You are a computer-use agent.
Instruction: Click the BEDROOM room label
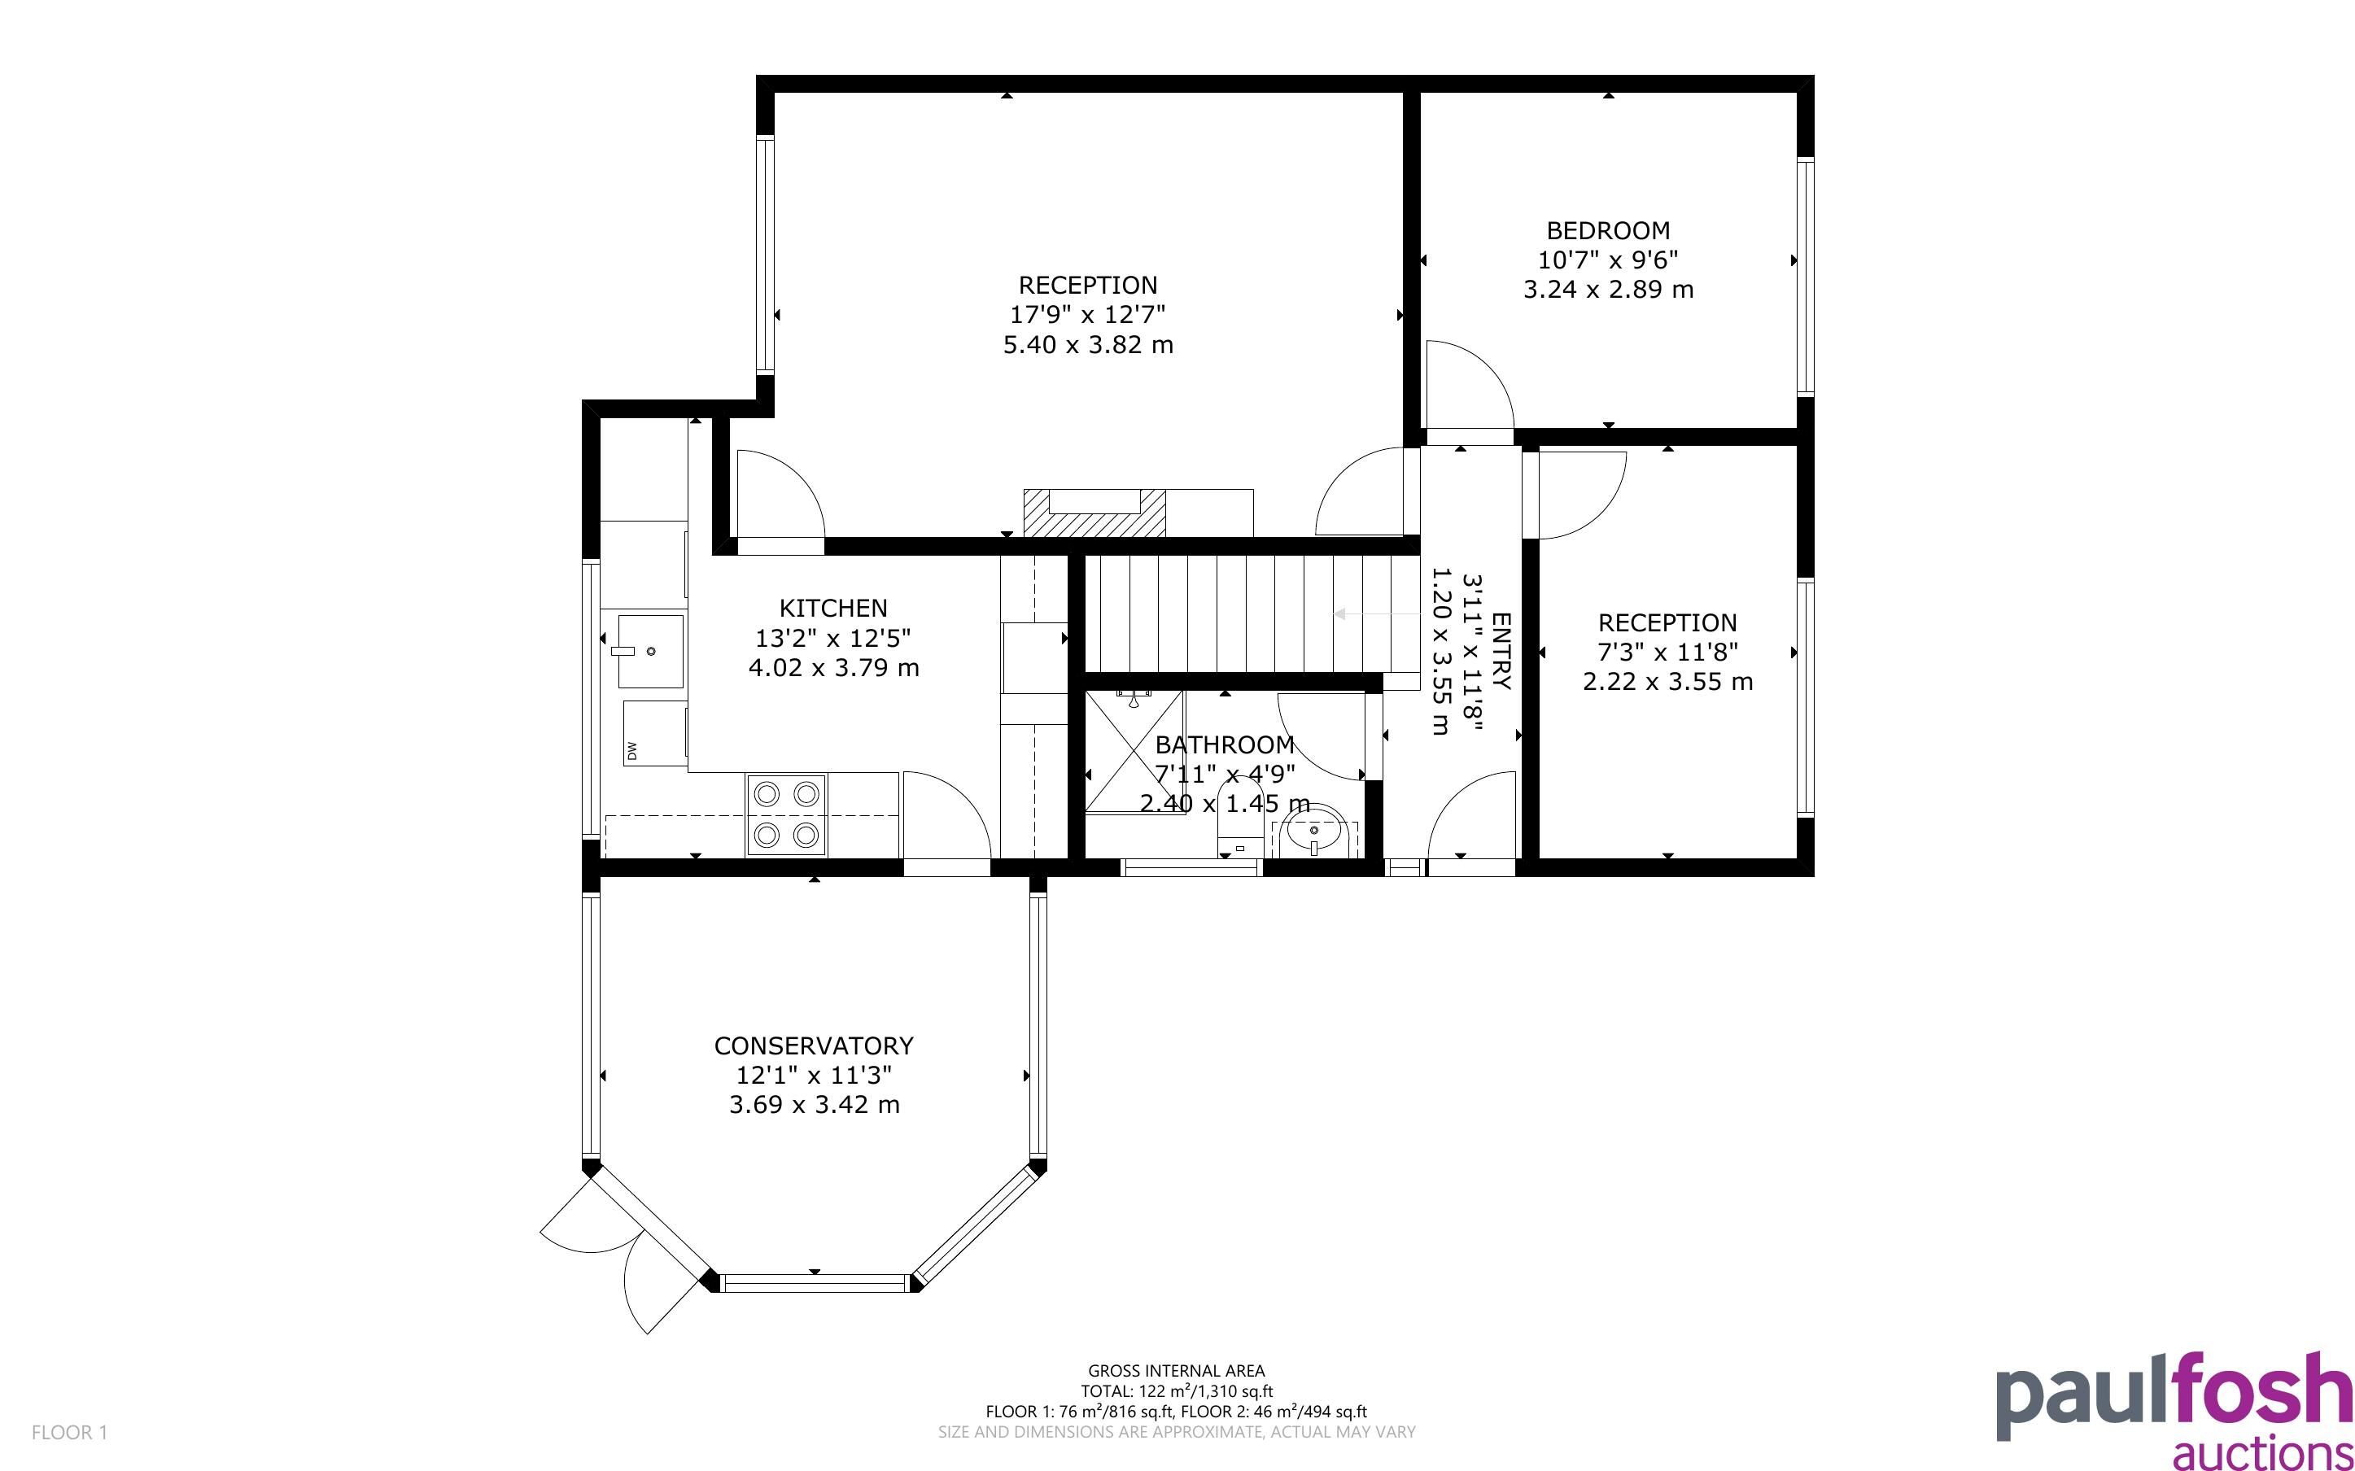pos(1608,230)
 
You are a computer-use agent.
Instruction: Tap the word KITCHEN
pos(832,608)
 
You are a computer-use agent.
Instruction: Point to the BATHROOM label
pos(1224,745)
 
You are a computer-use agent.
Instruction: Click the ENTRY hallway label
pos(1501,651)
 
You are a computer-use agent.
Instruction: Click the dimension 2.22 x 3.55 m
pos(1667,682)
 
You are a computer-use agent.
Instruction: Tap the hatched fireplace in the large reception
pos(1094,513)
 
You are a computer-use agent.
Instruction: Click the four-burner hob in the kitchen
pos(786,814)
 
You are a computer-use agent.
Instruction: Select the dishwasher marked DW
pos(654,734)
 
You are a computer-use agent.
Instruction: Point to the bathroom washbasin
pos(1314,836)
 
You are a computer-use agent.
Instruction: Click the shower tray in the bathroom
pos(1134,751)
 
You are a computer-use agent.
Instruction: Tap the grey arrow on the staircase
pos(1376,614)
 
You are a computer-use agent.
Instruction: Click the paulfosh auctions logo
pos(2174,1411)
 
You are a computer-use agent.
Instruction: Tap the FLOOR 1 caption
pos(69,1433)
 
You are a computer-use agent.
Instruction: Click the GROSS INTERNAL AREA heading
pos(1176,1372)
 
